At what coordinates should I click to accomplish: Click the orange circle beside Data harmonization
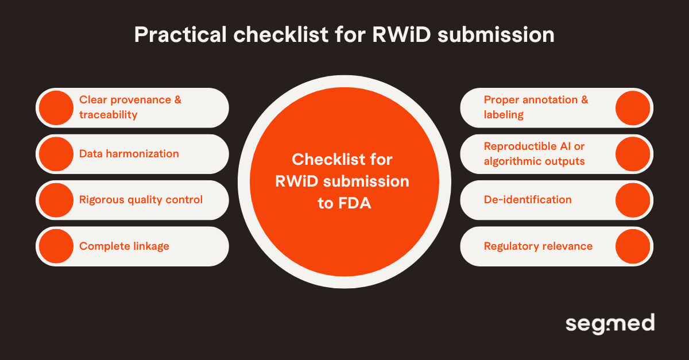coord(56,154)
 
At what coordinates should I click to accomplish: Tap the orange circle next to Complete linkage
coord(56,246)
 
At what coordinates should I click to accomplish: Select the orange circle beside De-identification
coord(633,200)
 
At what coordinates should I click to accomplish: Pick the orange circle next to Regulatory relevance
coord(633,246)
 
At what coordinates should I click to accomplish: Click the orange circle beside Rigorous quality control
coord(56,200)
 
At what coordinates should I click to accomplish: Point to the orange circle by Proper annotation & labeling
coord(633,107)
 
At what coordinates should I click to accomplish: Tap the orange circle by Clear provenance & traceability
coord(56,107)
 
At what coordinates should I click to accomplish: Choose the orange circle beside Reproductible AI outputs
coord(633,154)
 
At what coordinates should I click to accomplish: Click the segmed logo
coord(609,324)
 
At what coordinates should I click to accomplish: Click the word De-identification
coord(528,200)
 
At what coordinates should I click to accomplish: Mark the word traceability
coord(109,115)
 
